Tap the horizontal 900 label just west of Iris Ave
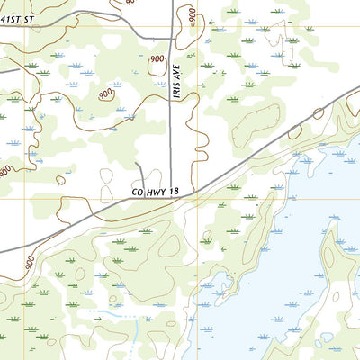[x=157, y=58]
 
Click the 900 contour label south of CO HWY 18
[x=29, y=263]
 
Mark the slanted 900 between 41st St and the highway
[x=106, y=93]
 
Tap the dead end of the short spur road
[x=137, y=165]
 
